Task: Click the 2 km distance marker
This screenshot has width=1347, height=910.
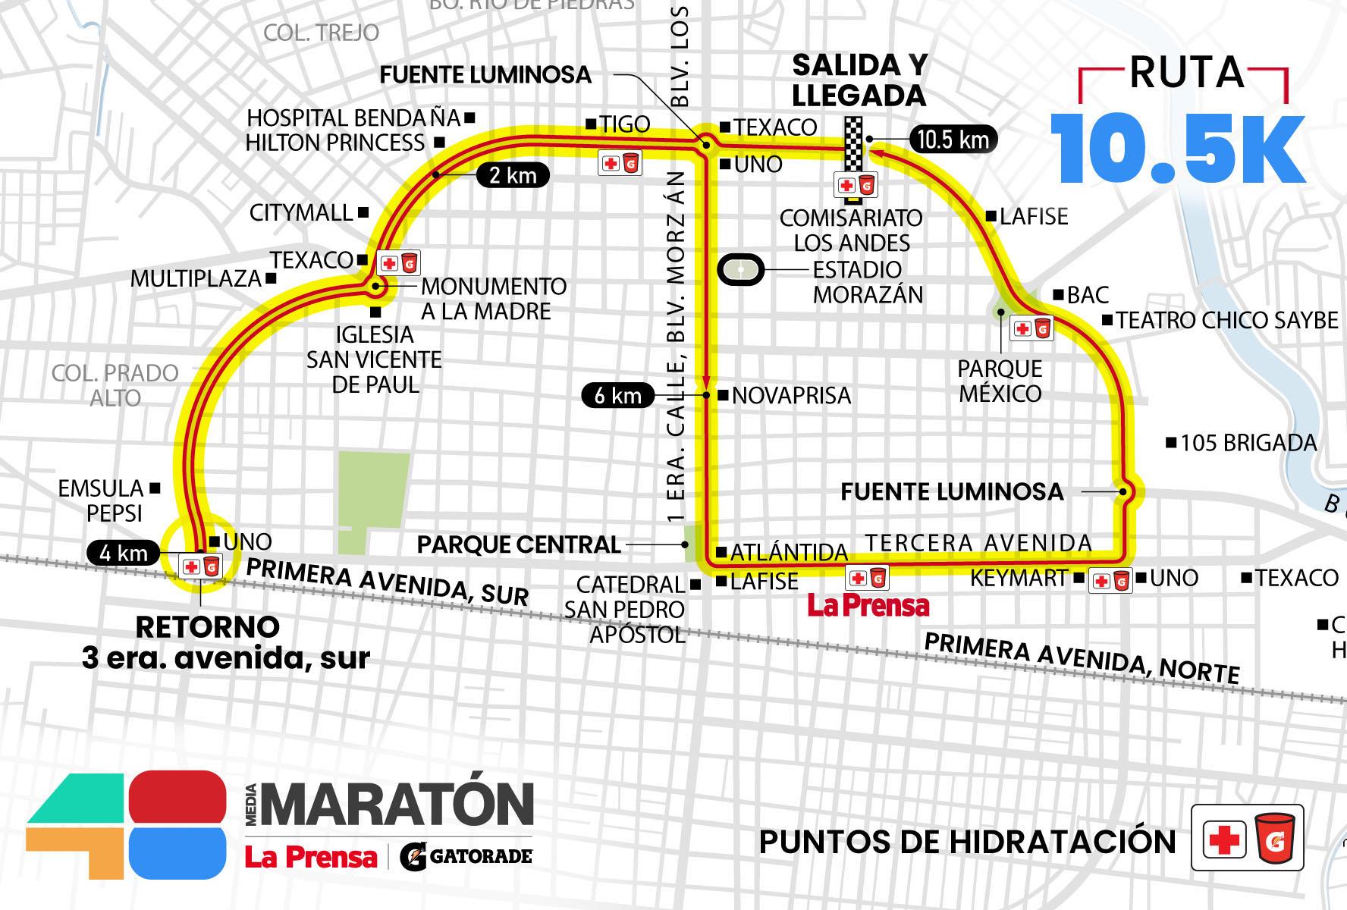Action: point(513,176)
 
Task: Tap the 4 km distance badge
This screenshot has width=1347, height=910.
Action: point(123,553)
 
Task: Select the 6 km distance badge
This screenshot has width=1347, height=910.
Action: point(617,395)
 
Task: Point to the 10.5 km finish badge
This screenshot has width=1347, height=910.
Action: point(953,140)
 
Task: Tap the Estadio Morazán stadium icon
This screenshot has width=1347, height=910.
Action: point(740,270)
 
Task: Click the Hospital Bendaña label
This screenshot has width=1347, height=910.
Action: point(354,118)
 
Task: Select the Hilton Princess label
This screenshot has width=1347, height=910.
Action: point(335,143)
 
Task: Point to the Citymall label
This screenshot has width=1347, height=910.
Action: point(301,212)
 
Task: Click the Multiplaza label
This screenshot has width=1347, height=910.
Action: point(196,278)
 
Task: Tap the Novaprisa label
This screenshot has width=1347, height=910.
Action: point(791,396)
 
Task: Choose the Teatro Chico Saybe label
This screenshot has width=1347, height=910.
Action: point(1226,320)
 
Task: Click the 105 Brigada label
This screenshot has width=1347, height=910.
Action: point(1248,443)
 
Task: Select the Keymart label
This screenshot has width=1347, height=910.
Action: point(1019,579)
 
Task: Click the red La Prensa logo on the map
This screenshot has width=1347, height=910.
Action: point(868,605)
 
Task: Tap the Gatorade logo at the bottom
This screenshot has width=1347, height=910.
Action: point(466,856)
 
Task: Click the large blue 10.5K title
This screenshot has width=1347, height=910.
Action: point(1178,151)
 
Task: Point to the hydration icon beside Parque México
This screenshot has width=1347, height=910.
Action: point(1032,328)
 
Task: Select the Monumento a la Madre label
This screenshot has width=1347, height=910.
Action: point(493,299)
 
